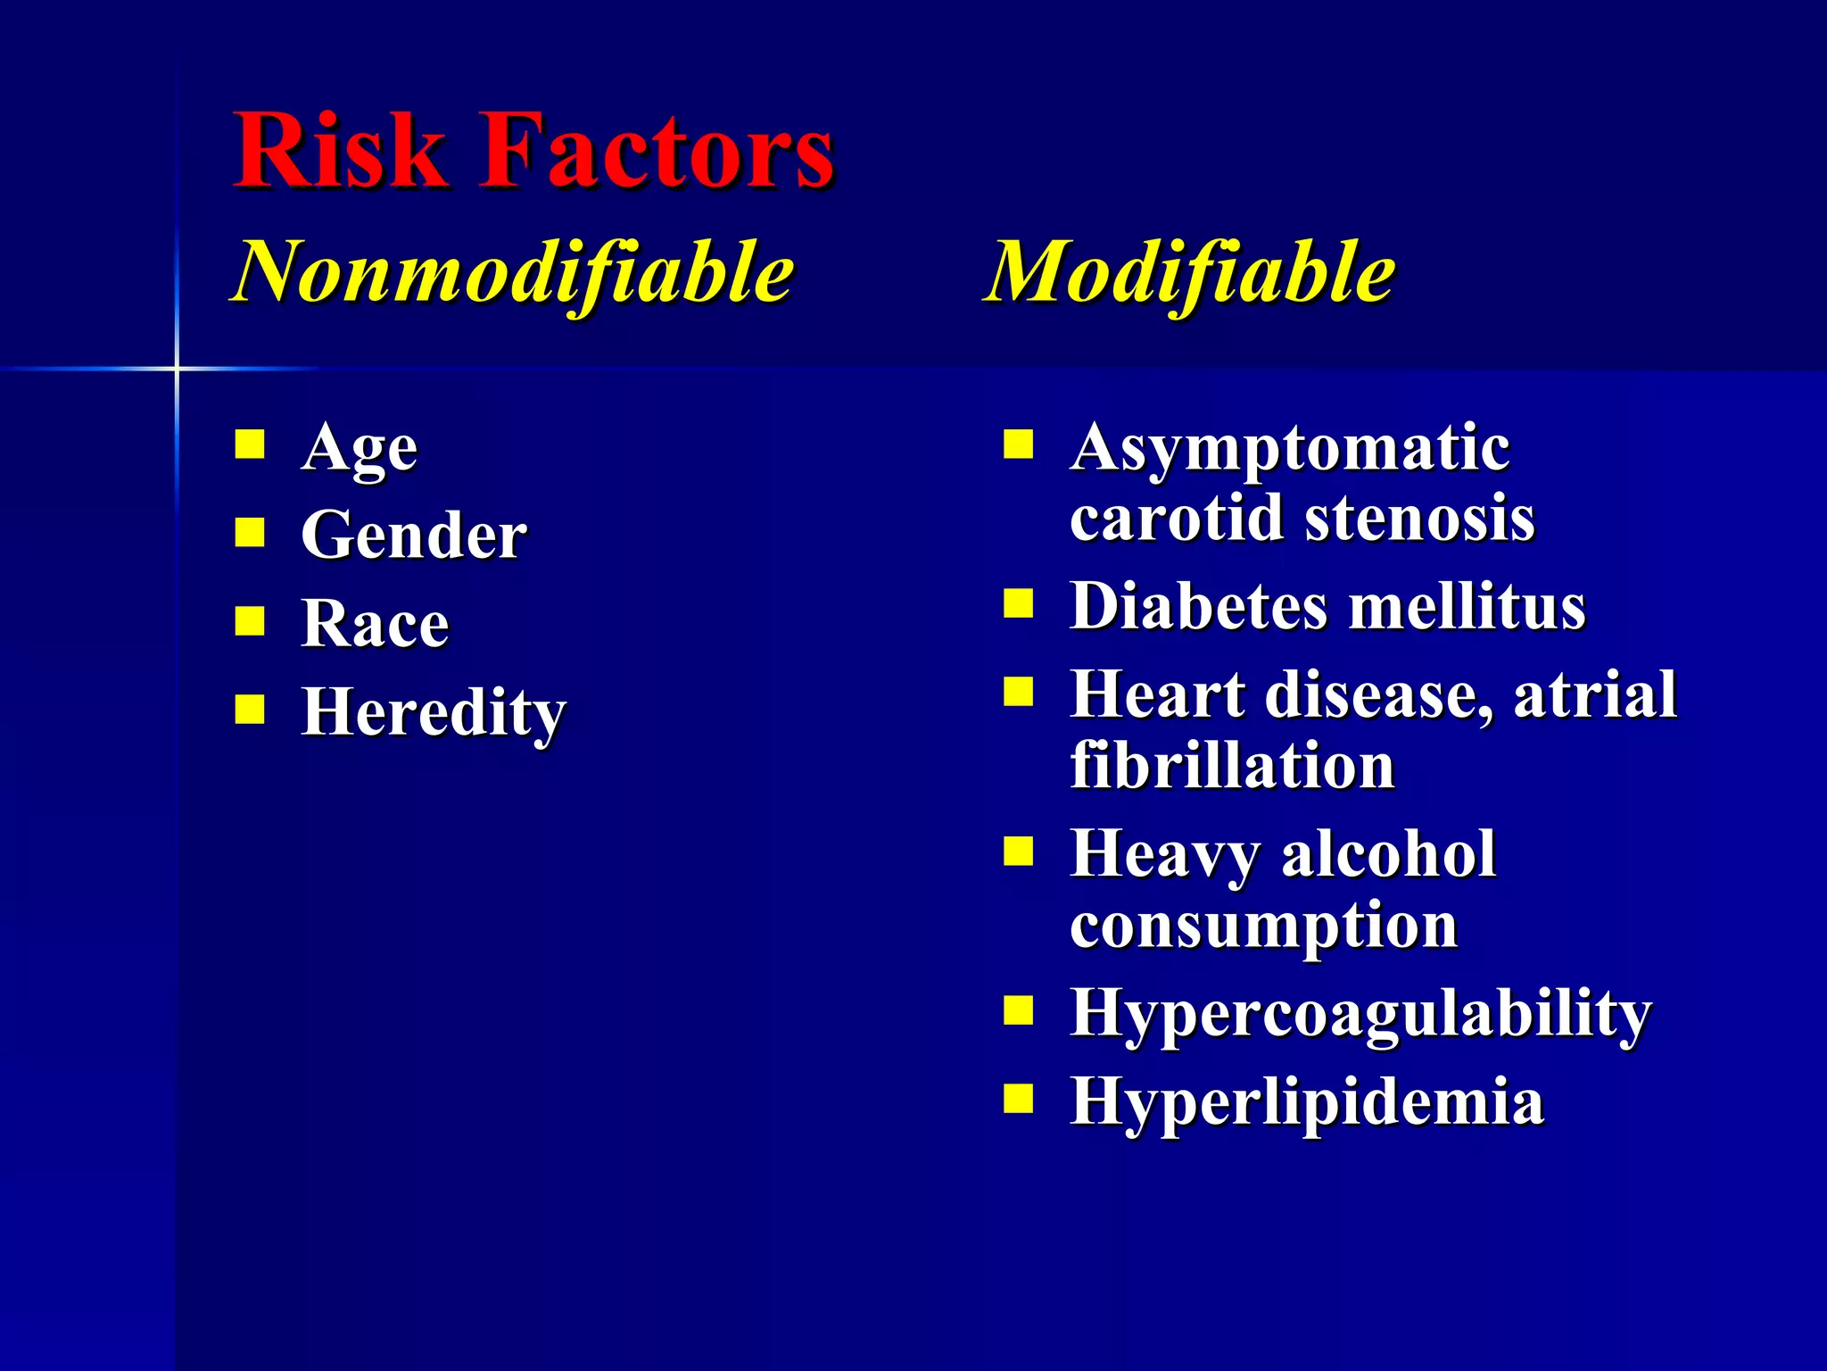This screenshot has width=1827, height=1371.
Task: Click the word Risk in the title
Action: pos(339,150)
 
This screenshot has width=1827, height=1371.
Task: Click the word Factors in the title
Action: pos(657,150)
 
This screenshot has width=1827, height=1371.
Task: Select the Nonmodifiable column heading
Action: pos(513,272)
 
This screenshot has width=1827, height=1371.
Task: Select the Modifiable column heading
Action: pos(1189,272)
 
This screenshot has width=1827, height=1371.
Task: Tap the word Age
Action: pos(360,448)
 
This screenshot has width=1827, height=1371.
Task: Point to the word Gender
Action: pos(414,536)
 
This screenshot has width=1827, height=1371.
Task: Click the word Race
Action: pos(376,623)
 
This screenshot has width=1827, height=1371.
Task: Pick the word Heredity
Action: pos(434,712)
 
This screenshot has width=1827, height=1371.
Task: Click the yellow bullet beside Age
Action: pos(250,445)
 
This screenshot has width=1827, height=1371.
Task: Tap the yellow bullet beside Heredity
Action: pos(250,710)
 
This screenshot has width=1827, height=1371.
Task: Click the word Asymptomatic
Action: pos(1290,448)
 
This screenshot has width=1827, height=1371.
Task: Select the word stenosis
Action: pos(1420,518)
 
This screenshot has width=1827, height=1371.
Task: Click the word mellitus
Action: pos(1467,606)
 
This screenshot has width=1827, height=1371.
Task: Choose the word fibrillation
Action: pos(1232,766)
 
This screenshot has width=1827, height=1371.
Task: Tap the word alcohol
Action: pos(1388,854)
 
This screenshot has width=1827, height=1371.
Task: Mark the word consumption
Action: pos(1263,926)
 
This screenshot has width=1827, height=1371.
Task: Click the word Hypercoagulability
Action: pos(1360,1013)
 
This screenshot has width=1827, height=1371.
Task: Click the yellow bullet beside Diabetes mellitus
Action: pos(1018,604)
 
